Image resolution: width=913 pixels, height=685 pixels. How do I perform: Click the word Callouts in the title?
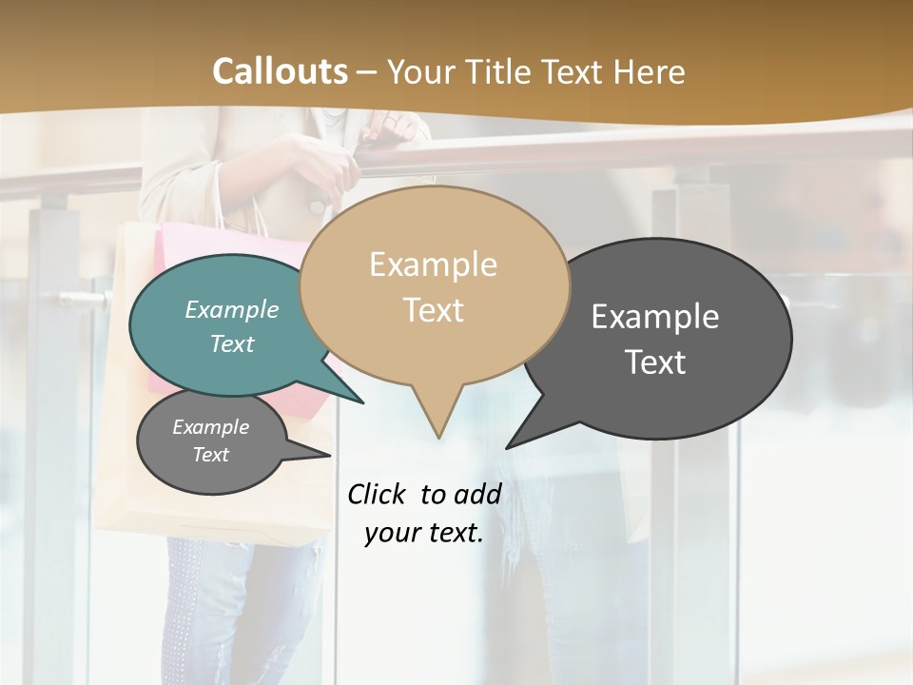280,72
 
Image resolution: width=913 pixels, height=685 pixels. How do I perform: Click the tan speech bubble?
434,285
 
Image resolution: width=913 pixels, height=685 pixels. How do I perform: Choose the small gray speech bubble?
211,441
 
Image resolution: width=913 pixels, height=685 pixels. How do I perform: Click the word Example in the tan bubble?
434,264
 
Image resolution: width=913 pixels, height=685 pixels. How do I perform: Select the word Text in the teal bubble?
232,343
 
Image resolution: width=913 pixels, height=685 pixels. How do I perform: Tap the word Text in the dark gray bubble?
656,362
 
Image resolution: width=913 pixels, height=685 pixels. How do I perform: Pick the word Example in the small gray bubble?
211,427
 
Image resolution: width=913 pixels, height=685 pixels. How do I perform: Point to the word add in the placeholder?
476,494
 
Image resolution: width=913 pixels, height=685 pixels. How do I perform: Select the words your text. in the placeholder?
424,533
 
